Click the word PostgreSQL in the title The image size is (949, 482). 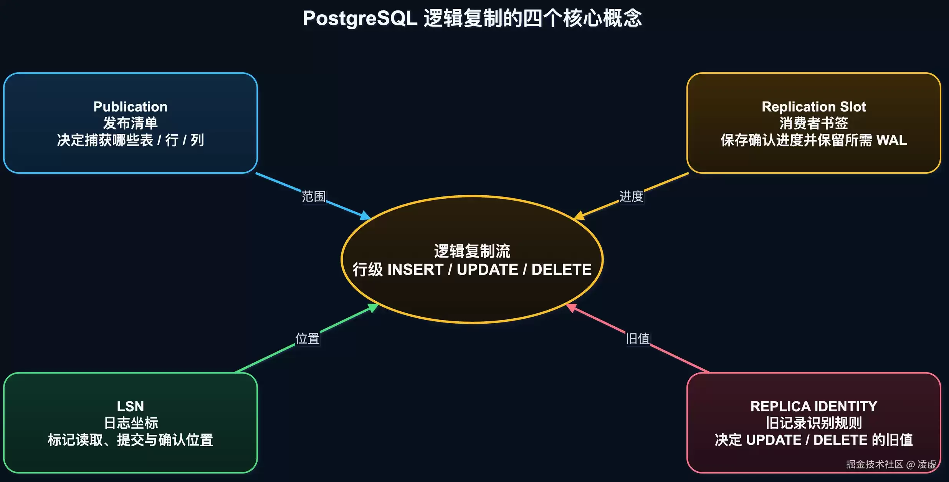point(360,18)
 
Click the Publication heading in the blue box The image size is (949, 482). point(131,106)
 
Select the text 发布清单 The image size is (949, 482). point(131,123)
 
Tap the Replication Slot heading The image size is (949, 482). point(814,106)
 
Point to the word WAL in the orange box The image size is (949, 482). point(891,140)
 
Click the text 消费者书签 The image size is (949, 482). point(814,123)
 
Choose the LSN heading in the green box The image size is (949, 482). point(131,406)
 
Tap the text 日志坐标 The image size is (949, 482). point(131,423)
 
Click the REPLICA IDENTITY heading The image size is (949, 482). point(814,406)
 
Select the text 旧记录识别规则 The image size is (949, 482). point(814,423)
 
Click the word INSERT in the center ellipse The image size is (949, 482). point(415,269)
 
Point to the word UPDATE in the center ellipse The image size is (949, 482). point(488,269)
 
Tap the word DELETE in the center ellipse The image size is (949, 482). point(562,269)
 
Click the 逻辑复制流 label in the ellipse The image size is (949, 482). point(472,251)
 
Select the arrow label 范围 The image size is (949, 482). point(314,196)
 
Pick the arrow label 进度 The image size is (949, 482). point(632,196)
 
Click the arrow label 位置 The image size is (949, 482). point(308,339)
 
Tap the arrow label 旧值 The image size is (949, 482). point(638,339)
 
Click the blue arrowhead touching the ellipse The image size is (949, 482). point(365,216)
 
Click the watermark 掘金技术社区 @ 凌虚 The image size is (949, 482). point(891,464)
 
